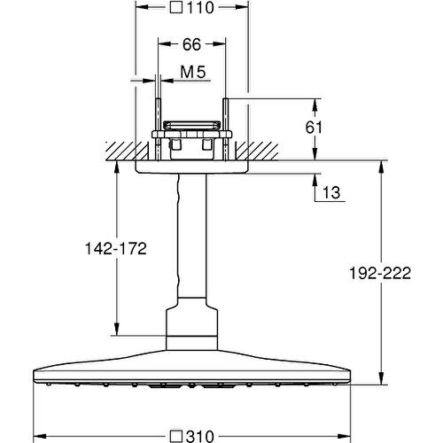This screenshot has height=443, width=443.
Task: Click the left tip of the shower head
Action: pyautogui.click(x=35, y=371)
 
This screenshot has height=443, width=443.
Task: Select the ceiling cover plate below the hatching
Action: pyautogui.click(x=191, y=167)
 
